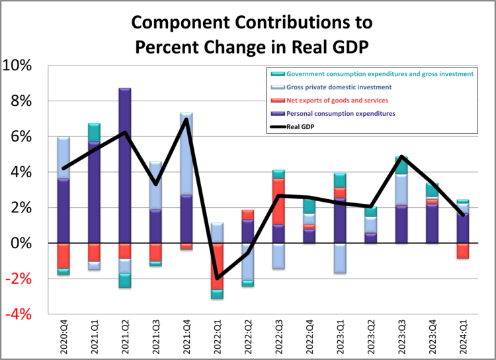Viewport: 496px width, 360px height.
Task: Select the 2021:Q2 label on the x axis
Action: [x=125, y=336]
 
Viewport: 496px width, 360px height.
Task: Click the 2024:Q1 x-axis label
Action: [x=463, y=336]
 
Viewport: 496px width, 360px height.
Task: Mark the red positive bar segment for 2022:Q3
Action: [x=278, y=201]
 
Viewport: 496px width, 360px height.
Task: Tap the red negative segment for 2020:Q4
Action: [x=63, y=256]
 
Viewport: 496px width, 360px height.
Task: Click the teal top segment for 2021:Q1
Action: [x=94, y=132]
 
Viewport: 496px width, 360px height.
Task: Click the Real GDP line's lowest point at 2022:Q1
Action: [x=217, y=278]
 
